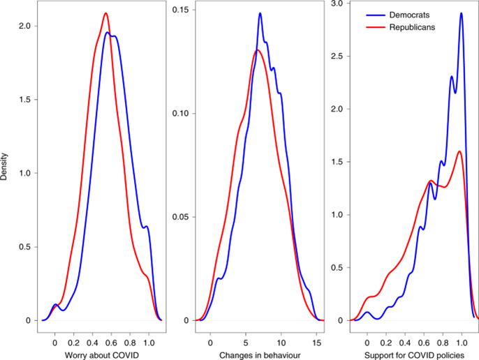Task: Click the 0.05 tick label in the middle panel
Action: [x=181, y=217]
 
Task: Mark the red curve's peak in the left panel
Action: [x=105, y=13]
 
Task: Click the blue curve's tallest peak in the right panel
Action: [x=461, y=13]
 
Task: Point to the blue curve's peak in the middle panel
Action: [x=260, y=13]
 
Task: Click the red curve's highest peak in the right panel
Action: [x=459, y=151]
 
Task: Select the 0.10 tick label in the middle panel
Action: [x=181, y=113]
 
